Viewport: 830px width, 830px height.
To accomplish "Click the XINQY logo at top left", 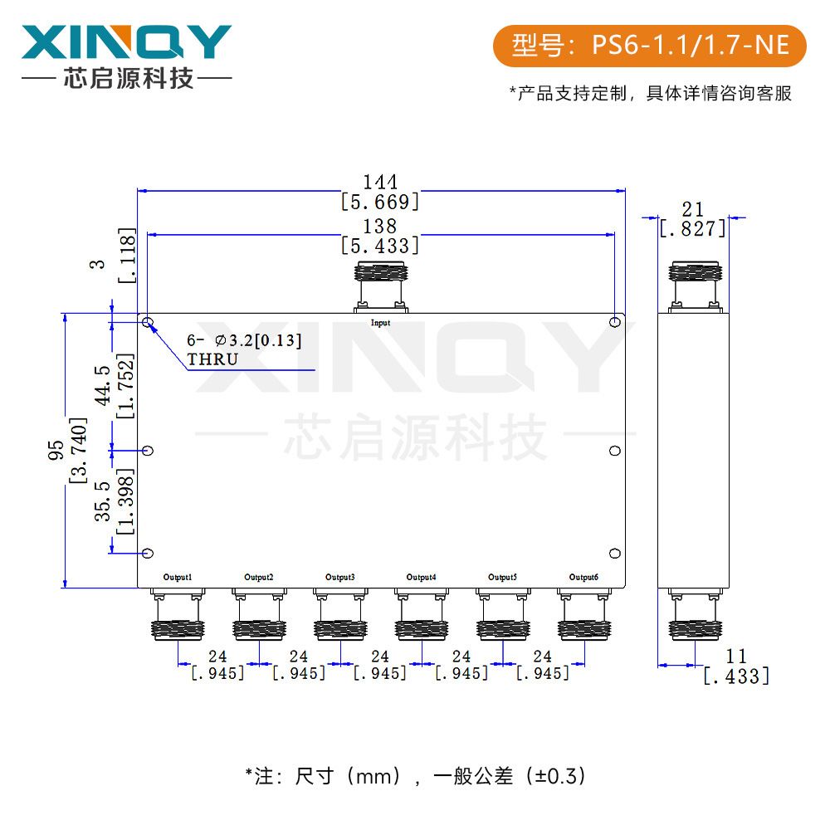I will point(125,41).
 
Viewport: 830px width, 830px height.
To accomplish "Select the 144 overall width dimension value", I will point(380,181).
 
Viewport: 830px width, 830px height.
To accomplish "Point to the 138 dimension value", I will point(380,226).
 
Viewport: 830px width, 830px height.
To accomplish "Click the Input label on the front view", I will point(380,323).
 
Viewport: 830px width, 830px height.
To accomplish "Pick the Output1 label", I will point(178,577).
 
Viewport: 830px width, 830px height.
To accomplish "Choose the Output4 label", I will point(422,577).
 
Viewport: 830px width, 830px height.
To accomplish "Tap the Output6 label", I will point(583,577).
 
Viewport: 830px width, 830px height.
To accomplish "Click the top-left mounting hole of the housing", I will point(148,322).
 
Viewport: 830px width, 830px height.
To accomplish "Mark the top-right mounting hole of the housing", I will point(614,322).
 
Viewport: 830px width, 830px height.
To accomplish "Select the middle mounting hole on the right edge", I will point(615,451).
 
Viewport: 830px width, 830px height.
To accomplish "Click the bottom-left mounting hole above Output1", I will point(148,554).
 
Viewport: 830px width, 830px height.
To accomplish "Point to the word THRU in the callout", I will point(212,359).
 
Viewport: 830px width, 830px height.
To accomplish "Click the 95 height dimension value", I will point(56,449).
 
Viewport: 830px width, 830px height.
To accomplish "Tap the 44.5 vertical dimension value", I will point(104,384).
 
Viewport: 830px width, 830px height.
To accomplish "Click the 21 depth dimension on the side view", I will point(692,208).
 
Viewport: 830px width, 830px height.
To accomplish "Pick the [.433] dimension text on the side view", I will point(736,676).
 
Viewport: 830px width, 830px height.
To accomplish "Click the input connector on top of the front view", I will point(380,286).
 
